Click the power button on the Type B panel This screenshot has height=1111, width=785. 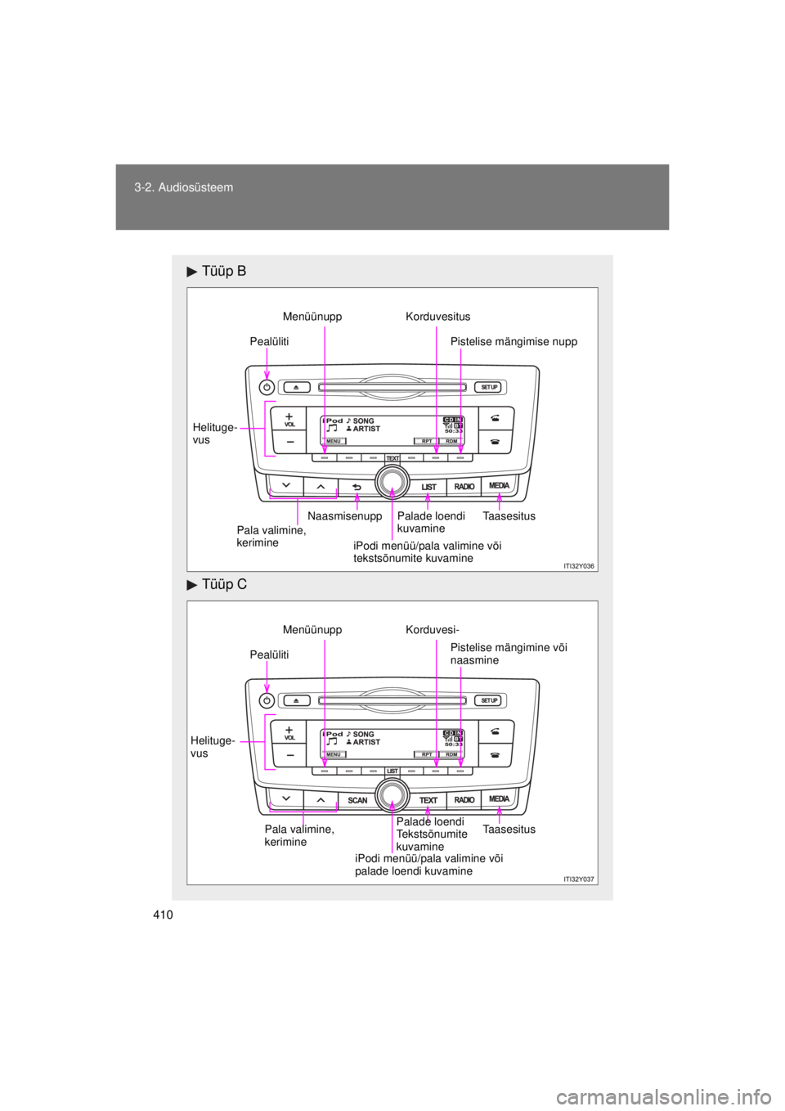(267, 387)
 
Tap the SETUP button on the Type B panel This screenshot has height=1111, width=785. (489, 387)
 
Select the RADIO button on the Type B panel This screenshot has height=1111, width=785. (464, 487)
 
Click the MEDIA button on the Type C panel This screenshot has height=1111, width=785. (499, 798)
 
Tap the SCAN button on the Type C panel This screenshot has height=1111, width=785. (357, 800)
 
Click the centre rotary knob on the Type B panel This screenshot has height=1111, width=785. (392, 482)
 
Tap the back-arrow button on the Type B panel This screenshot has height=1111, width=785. (357, 487)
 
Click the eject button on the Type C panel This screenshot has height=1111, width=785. (296, 700)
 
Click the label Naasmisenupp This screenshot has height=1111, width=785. (344, 516)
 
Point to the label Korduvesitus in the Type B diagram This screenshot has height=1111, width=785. (437, 317)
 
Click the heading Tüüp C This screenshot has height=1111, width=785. (223, 585)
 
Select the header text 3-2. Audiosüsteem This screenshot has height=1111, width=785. (184, 187)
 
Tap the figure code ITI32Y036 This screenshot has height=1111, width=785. (579, 565)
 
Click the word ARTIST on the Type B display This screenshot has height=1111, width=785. (366, 429)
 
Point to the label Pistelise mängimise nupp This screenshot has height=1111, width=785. (514, 342)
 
